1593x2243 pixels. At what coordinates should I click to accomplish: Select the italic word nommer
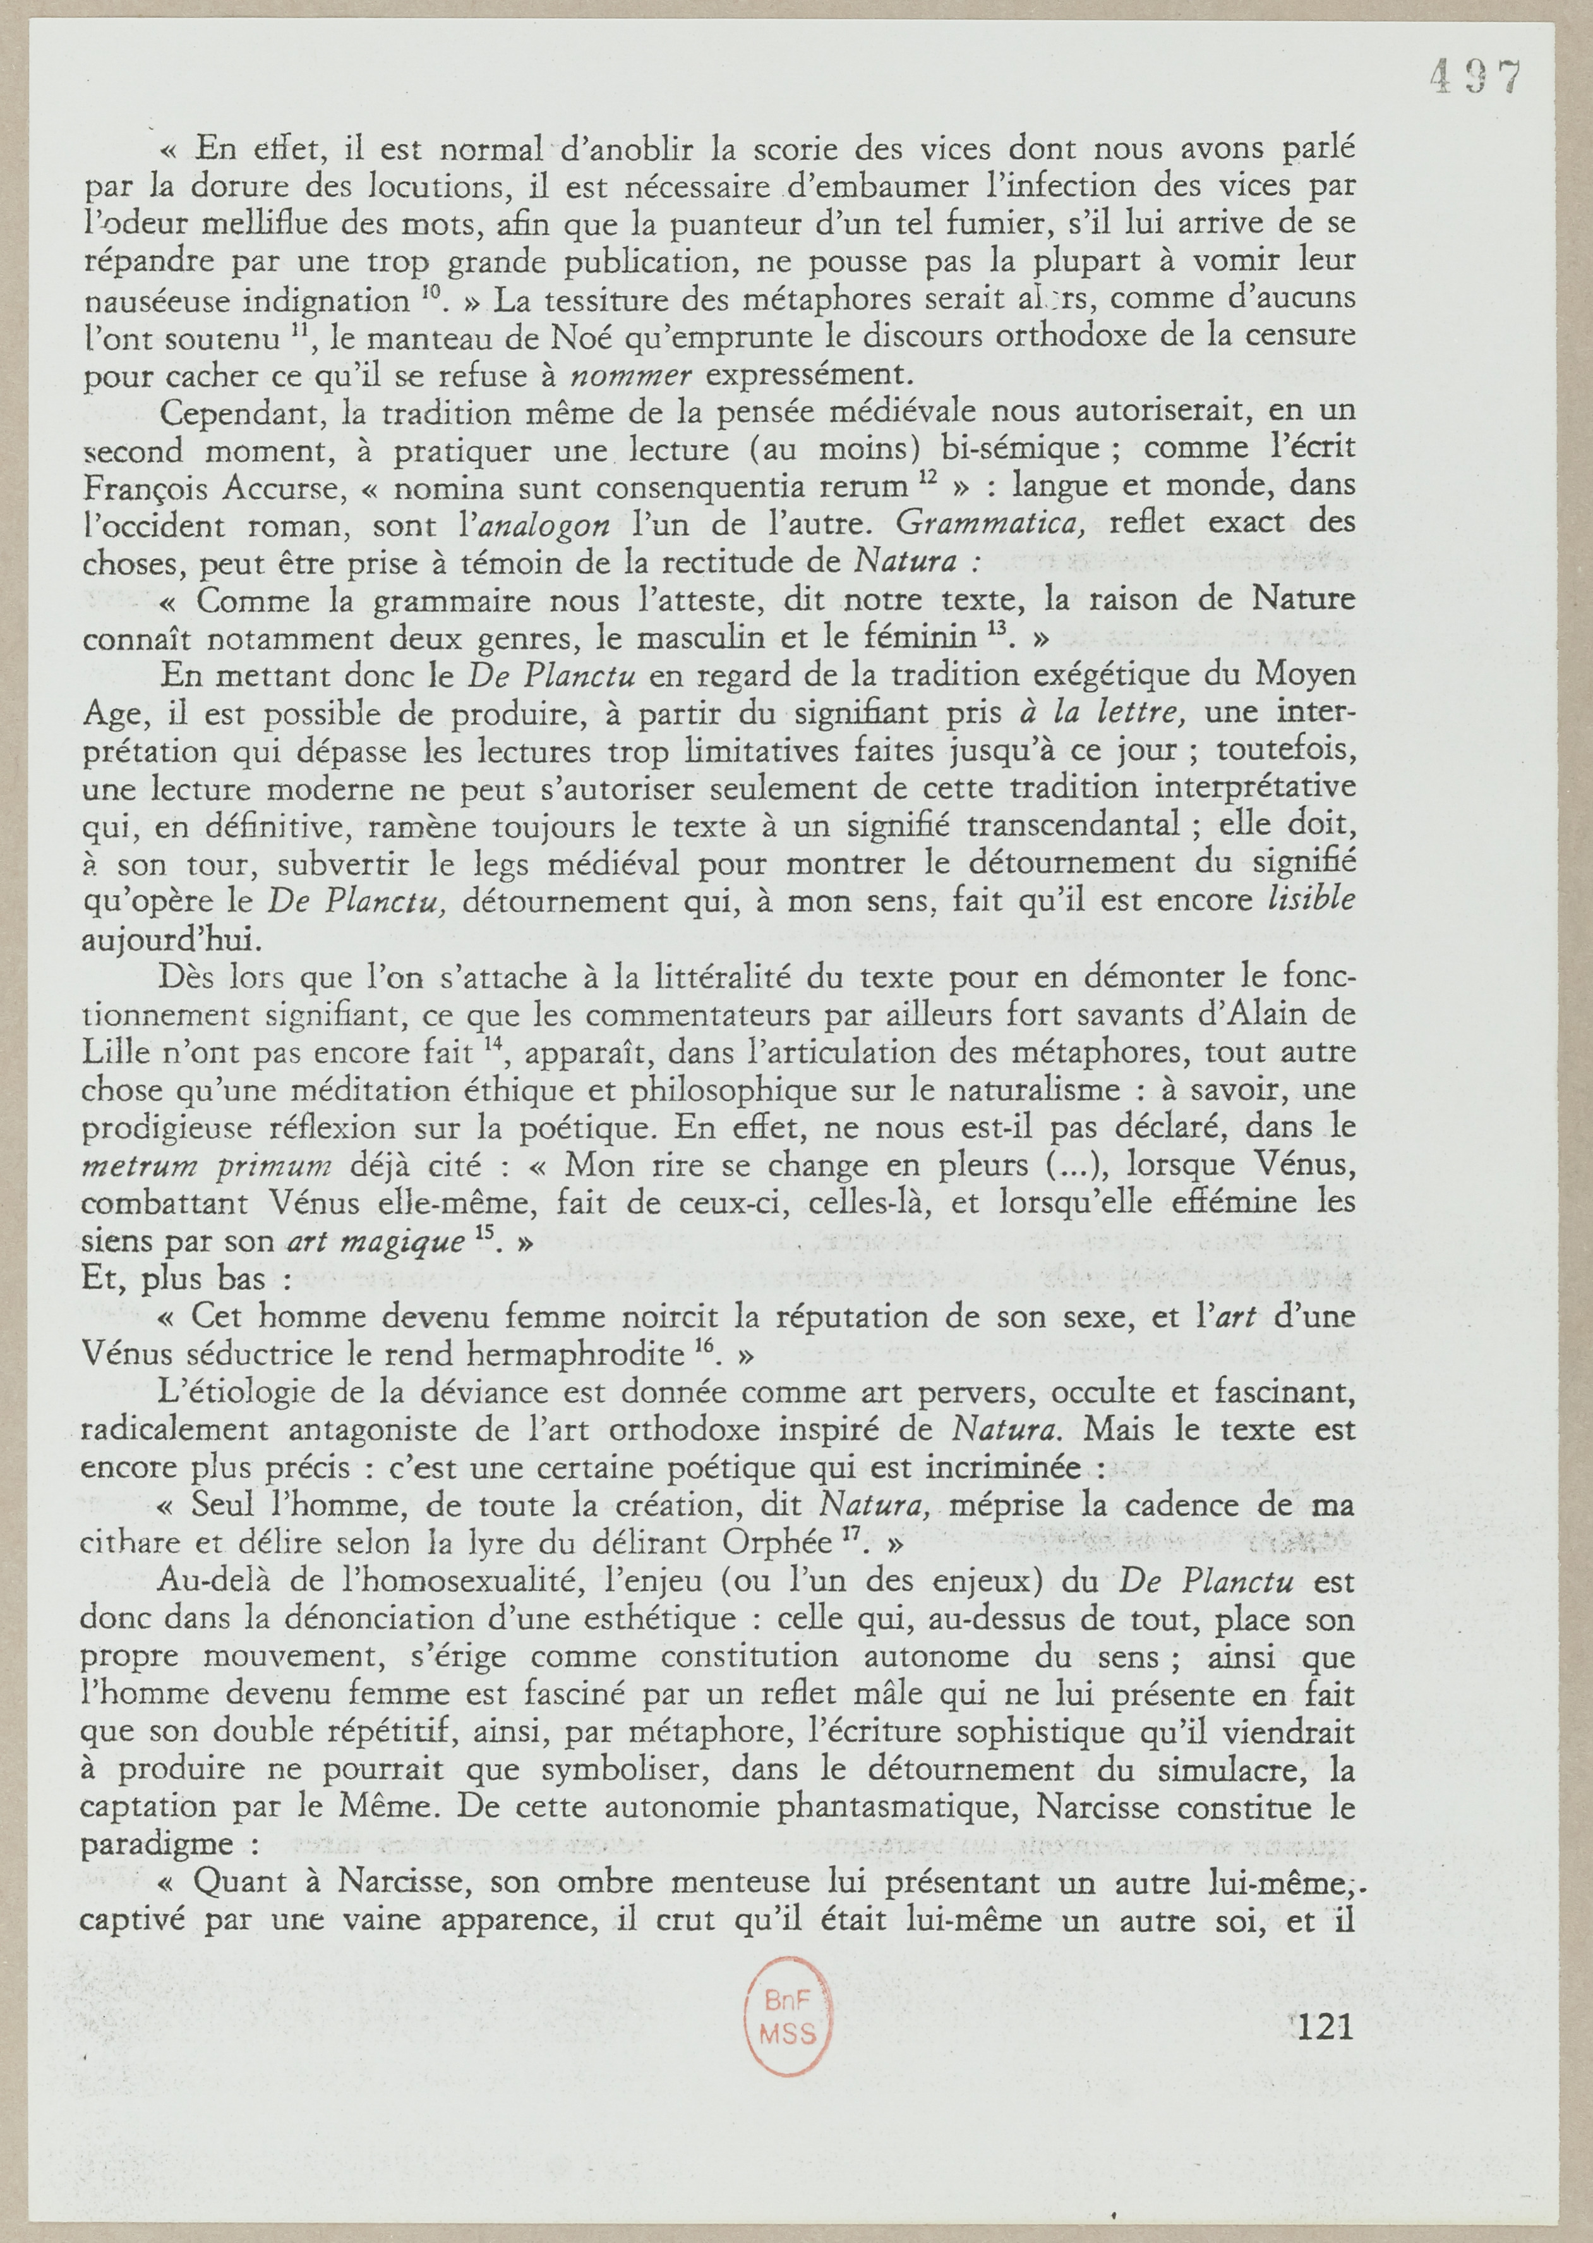(x=632, y=375)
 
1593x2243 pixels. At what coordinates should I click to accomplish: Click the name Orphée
(x=777, y=1543)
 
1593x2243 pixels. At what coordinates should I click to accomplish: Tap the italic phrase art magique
(x=375, y=1242)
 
